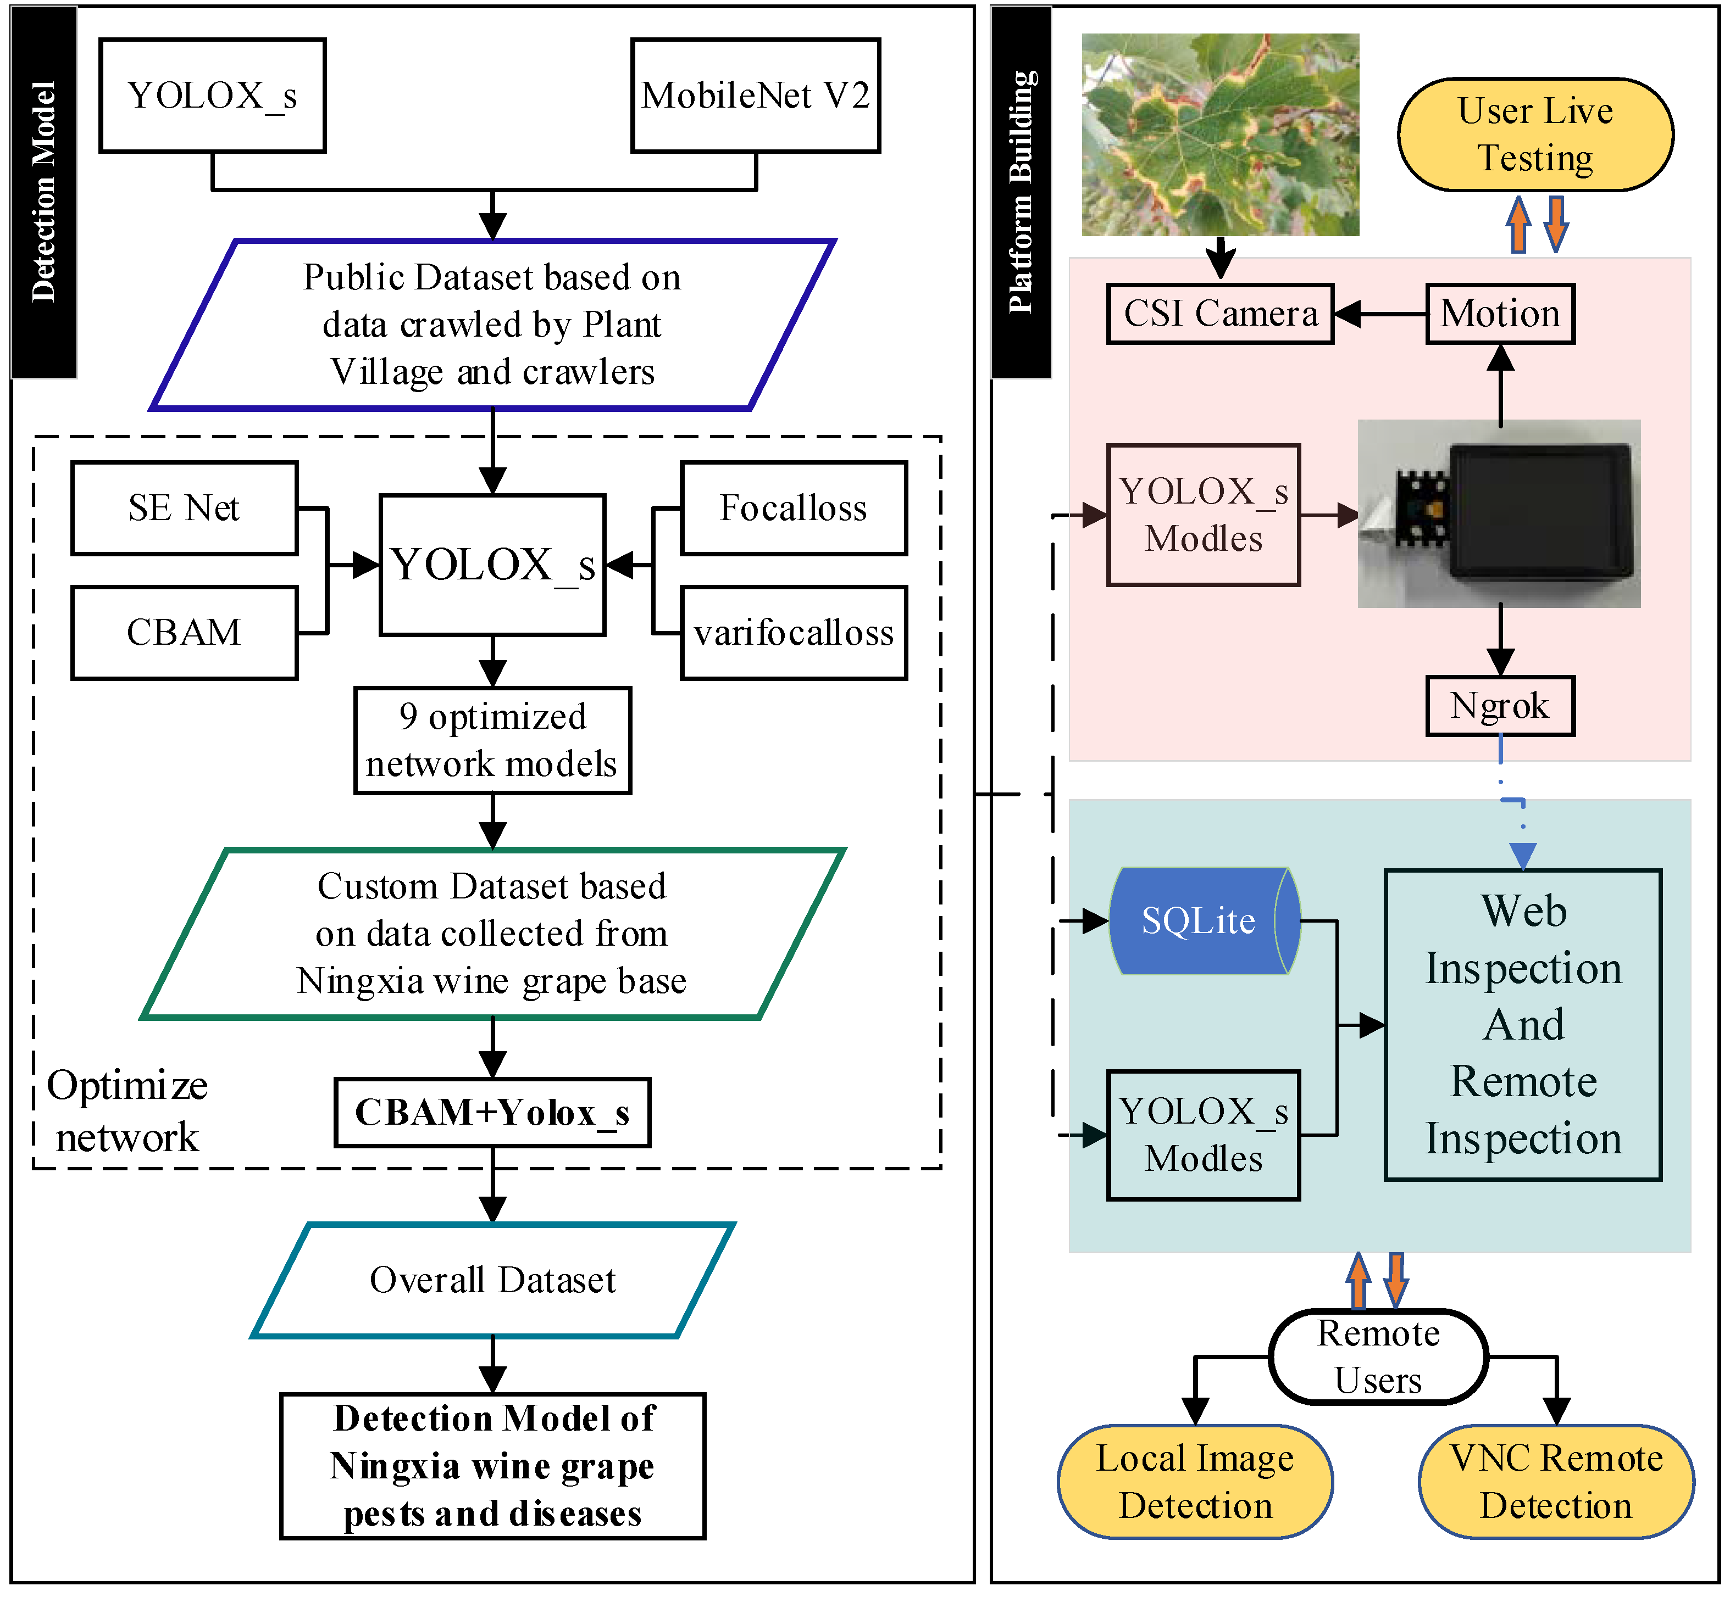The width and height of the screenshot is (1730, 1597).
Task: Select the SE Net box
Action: pyautogui.click(x=184, y=507)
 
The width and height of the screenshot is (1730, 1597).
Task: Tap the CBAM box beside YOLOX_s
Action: pyautogui.click(x=184, y=633)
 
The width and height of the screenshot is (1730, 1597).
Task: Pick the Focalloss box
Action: pyautogui.click(x=793, y=507)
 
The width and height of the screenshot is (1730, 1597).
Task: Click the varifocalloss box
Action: pyautogui.click(x=793, y=633)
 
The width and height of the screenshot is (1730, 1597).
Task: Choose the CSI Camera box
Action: pyautogui.click(x=1220, y=314)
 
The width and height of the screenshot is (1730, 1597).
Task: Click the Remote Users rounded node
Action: pyautogui.click(x=1378, y=1357)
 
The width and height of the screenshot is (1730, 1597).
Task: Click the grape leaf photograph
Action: pyautogui.click(x=1220, y=134)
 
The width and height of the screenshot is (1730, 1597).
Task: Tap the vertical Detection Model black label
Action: pyautogui.click(x=44, y=192)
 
